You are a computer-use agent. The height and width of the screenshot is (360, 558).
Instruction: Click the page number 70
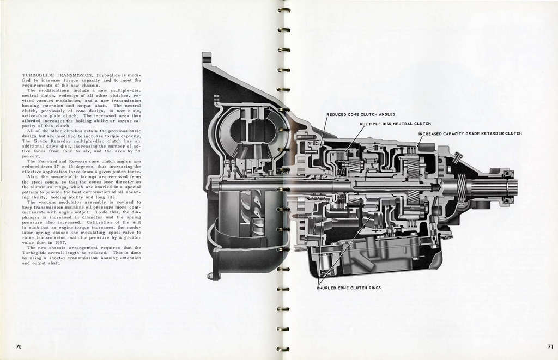coord(19,346)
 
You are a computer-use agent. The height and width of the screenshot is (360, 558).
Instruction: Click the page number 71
coord(550,346)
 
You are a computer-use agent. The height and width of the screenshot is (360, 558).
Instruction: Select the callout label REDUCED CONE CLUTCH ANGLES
coord(360,114)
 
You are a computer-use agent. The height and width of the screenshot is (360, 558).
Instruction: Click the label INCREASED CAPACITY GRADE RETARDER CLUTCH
coord(470,133)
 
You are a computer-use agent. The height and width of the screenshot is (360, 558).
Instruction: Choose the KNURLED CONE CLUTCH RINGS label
coord(349,288)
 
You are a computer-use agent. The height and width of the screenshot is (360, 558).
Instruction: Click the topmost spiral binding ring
coord(283,10)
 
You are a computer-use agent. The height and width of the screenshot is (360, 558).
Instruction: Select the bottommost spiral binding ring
coord(283,349)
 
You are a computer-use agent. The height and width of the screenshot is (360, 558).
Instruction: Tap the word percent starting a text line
coord(32,156)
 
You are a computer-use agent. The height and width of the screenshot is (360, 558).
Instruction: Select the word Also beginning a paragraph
coord(33,176)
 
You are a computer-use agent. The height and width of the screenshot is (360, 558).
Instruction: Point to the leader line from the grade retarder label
coord(420,141)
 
